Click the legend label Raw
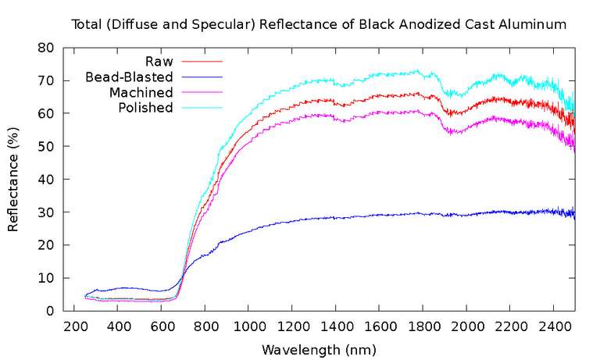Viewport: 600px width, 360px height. [159, 61]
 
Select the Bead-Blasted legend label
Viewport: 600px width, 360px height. [129, 77]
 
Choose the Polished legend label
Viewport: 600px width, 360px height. [145, 108]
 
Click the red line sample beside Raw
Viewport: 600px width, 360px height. [202, 61]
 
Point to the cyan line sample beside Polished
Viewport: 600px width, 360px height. [202, 108]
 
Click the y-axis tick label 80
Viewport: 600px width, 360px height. [46, 48]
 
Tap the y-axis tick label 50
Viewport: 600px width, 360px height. [46, 146]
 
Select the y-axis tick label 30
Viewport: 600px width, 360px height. [46, 212]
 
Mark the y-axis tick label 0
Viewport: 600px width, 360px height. [50, 311]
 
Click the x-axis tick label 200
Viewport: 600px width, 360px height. [74, 326]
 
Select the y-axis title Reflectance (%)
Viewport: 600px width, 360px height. [13, 180]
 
